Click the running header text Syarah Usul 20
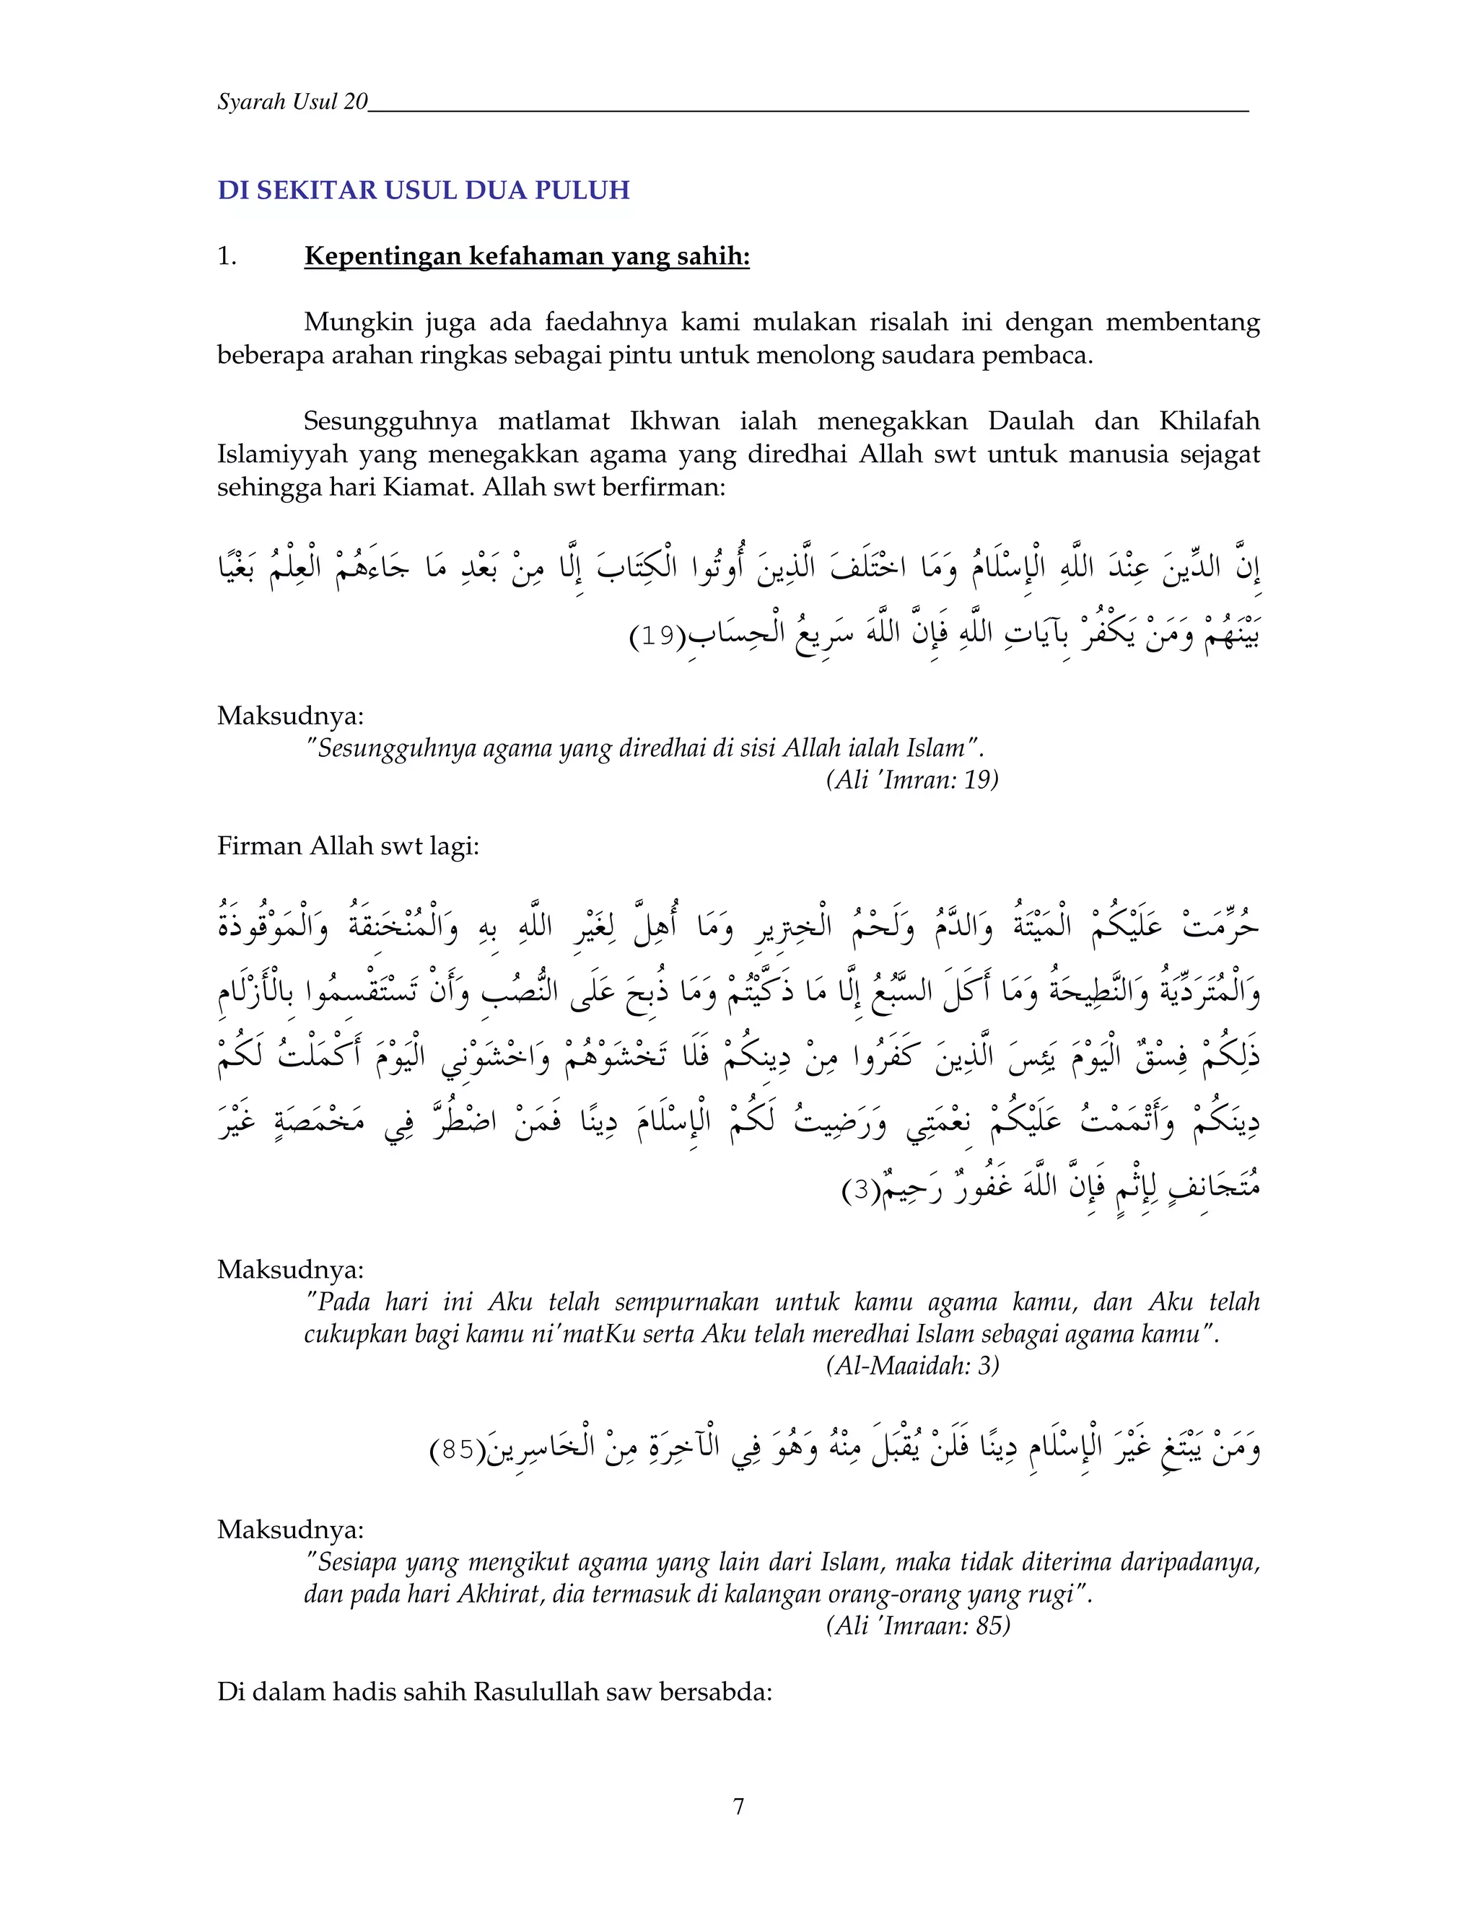[x=292, y=102]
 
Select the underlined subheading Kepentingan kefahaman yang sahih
[x=526, y=257]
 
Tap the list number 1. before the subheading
[x=227, y=257]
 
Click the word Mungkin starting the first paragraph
[x=358, y=323]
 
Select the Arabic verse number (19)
[x=657, y=636]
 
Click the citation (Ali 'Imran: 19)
[x=911, y=779]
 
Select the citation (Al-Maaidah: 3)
[x=911, y=1366]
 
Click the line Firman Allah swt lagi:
[x=348, y=846]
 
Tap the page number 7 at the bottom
[x=738, y=1806]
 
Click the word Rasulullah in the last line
[x=536, y=1691]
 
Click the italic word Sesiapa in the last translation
[x=359, y=1563]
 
